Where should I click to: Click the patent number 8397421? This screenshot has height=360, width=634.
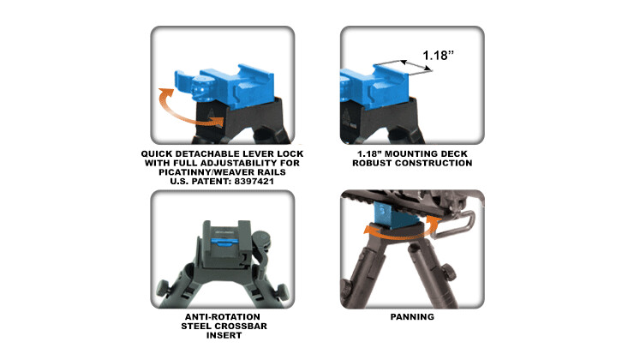coord(254,182)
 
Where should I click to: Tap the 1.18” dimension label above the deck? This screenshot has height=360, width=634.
coord(438,55)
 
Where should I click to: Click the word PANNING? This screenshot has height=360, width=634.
coord(412,317)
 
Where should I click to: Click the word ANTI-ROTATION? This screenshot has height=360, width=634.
coord(223,317)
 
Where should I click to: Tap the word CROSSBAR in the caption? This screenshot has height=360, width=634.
coord(246,326)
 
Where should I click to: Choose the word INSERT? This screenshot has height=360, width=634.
coord(224,335)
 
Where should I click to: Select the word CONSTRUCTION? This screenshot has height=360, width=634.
coord(434,163)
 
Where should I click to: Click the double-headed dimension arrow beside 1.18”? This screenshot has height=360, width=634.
coord(416,66)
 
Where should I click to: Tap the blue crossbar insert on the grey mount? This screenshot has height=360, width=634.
coord(222,243)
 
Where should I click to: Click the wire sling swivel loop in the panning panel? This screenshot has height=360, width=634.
coord(454,224)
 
